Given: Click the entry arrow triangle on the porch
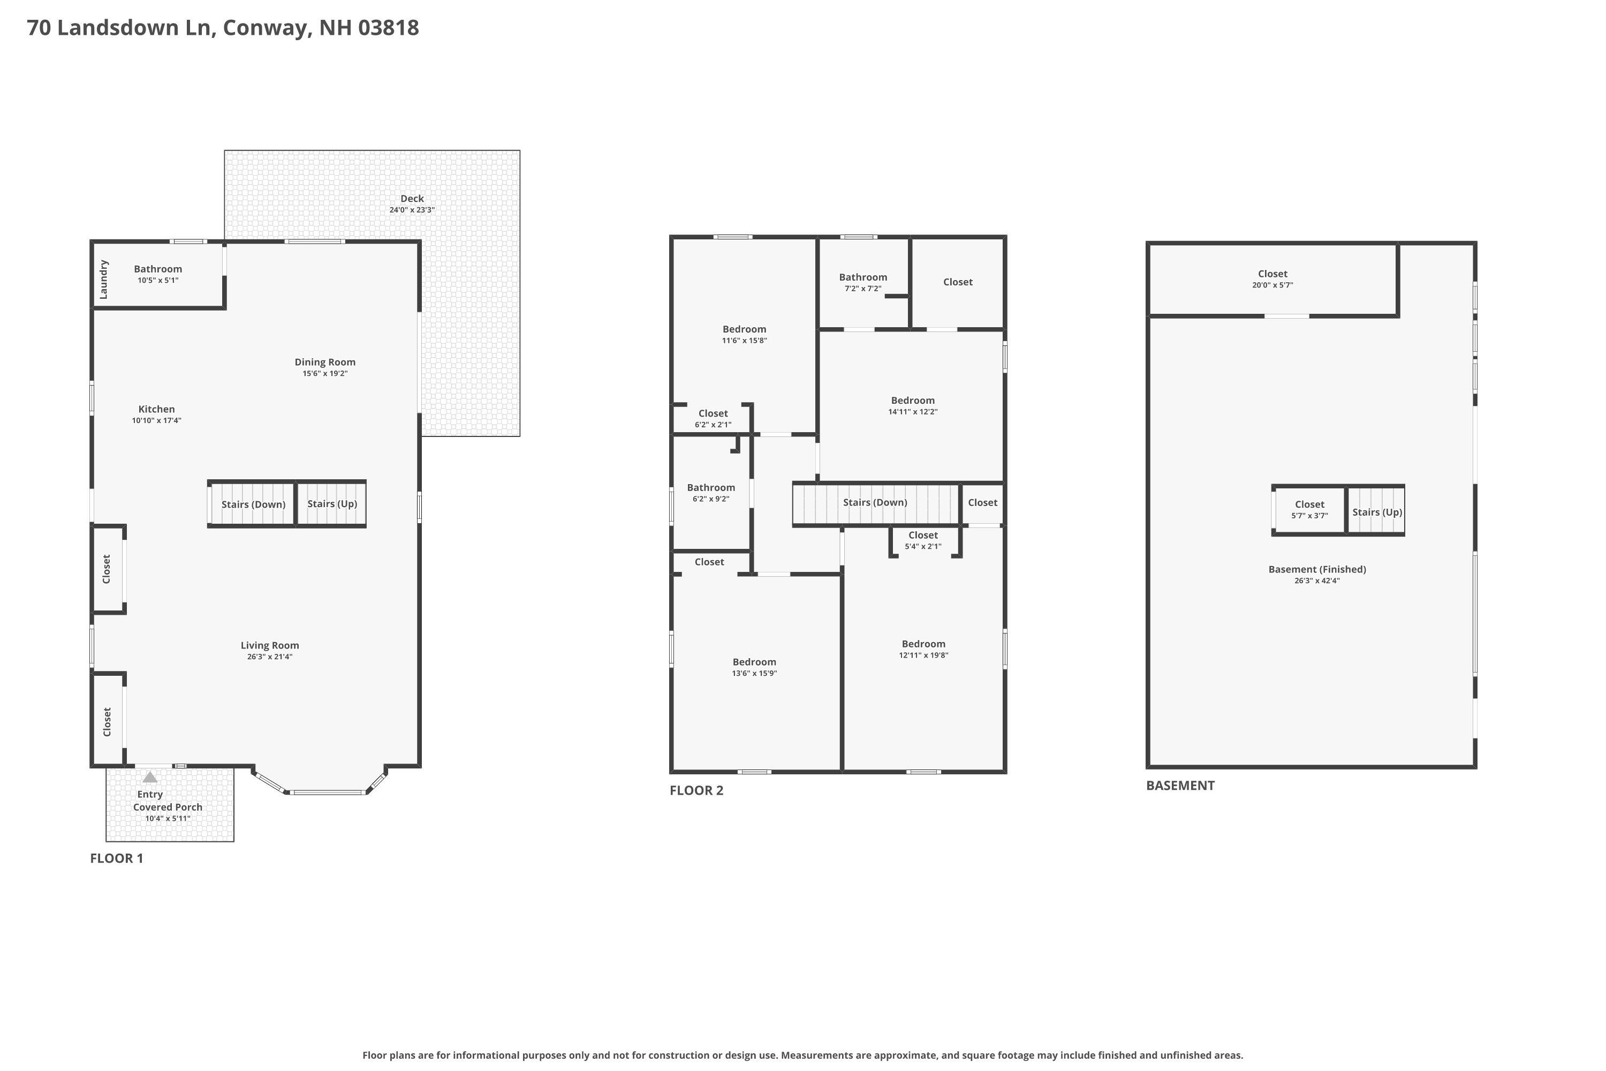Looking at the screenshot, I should point(149,778).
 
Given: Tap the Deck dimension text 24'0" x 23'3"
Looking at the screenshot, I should point(412,210).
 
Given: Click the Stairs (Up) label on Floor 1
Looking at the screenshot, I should point(332,504).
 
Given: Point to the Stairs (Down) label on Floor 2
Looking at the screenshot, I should point(875,503).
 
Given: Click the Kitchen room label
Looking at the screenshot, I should point(156,409).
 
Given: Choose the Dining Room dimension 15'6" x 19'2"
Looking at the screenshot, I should point(325,374).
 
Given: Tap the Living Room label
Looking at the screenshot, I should point(270,645).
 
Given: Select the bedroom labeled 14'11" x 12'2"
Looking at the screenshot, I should point(912,406).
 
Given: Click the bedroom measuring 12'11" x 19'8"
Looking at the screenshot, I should point(923,649).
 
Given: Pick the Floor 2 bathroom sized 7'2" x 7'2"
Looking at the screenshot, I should point(863,282).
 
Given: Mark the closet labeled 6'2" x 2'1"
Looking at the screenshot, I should point(713,419).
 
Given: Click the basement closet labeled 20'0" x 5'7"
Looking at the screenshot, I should point(1272,278).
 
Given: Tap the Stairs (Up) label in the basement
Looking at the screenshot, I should point(1376,512).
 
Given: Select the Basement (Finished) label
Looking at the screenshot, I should point(1316,570).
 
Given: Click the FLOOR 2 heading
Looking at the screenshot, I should point(696,790).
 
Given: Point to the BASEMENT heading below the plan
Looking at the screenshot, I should point(1180,786).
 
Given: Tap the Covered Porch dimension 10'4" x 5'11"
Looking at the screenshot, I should point(167,819).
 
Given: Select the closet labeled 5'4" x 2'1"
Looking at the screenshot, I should point(922,540).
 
